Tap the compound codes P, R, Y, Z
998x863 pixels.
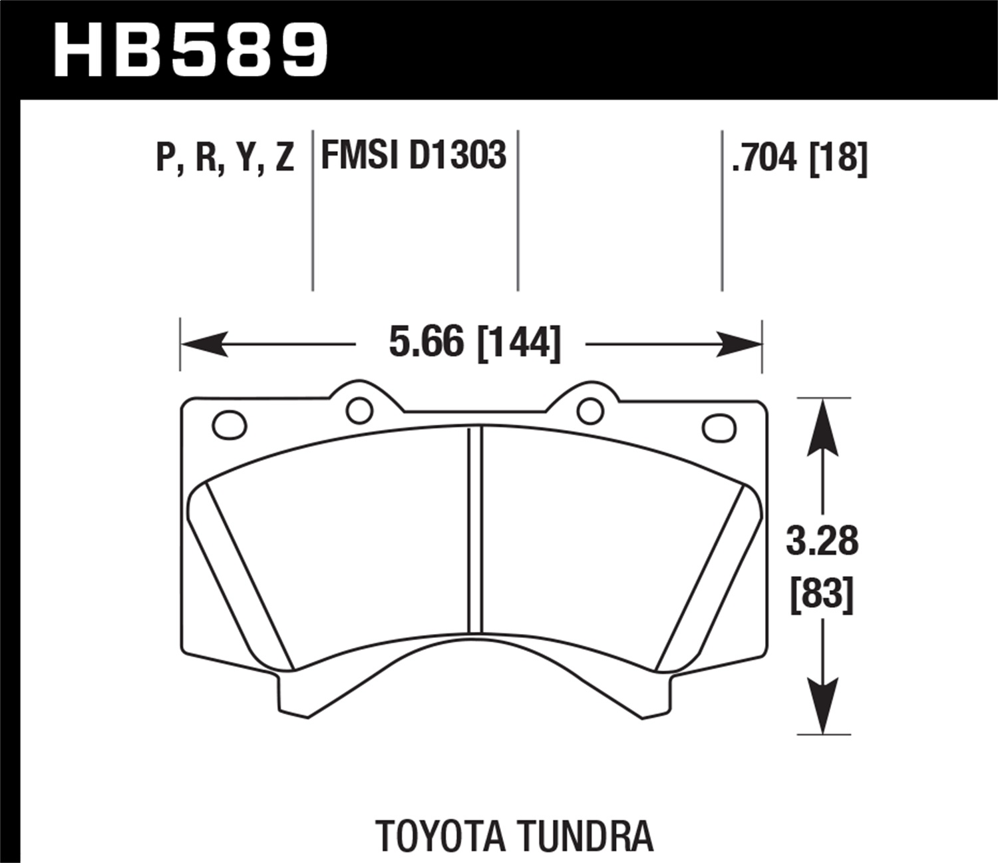click(x=225, y=157)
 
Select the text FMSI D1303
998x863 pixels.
click(x=413, y=155)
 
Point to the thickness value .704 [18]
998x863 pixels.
click(x=799, y=158)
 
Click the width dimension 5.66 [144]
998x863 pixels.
click(x=474, y=344)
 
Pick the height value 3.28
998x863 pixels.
click(x=822, y=541)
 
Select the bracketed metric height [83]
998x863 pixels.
click(x=822, y=594)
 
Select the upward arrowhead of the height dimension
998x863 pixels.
click(x=824, y=426)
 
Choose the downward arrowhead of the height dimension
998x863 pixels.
click(x=824, y=706)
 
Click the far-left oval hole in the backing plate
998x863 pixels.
click(x=229, y=424)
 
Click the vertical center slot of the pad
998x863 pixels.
click(x=474, y=529)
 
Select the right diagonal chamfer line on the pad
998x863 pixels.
click(x=700, y=575)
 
